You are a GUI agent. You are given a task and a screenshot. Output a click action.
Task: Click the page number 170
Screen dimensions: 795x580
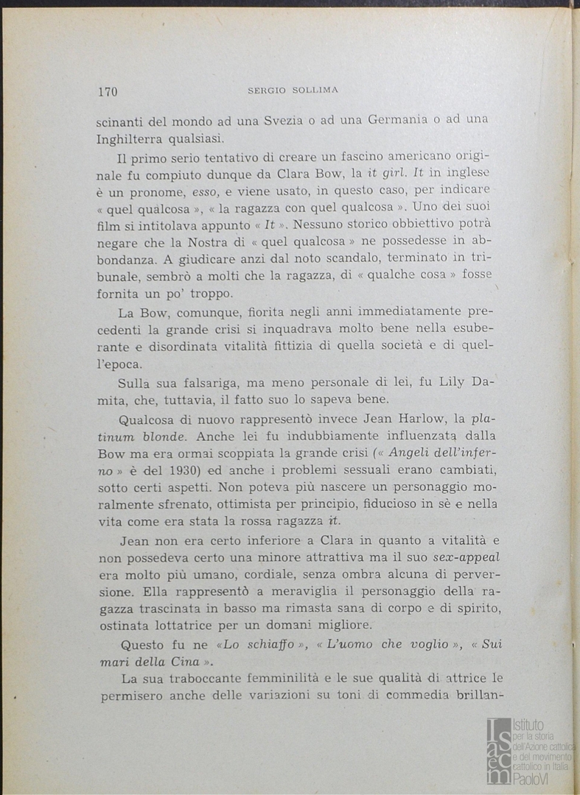coord(108,91)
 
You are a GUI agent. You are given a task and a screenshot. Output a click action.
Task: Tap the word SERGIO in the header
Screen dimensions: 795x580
coord(266,91)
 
